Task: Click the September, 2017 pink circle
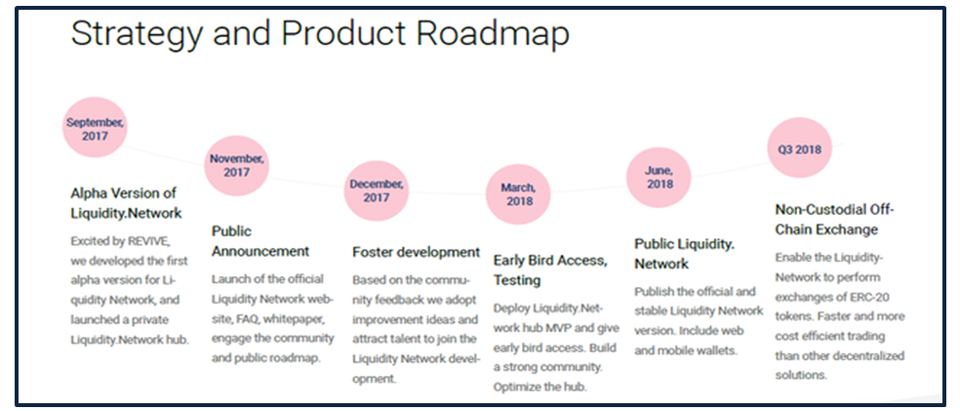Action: [x=95, y=129]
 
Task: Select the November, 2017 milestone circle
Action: [x=236, y=165]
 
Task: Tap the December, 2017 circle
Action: [x=376, y=190]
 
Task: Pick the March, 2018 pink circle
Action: [x=518, y=193]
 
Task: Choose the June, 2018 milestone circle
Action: [x=659, y=177]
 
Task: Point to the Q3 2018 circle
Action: [x=800, y=148]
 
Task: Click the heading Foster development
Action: [x=417, y=252]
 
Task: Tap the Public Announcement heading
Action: [x=260, y=241]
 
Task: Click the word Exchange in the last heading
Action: [x=853, y=229]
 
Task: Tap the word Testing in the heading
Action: [x=517, y=280]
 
